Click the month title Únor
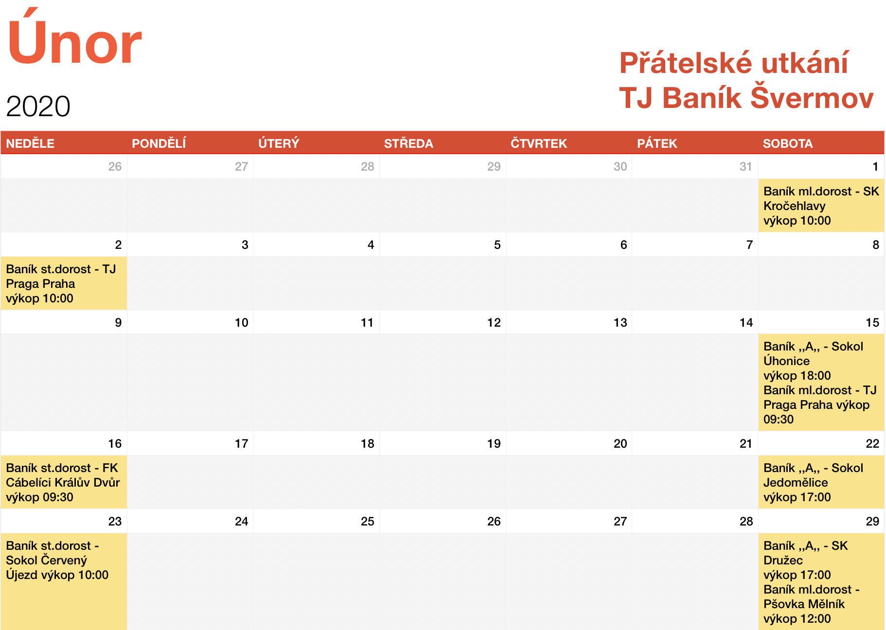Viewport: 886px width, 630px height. [x=74, y=37]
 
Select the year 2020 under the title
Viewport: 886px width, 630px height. [x=38, y=106]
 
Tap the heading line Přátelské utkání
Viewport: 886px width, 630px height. [x=734, y=63]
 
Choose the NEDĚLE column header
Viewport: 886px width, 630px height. [x=30, y=143]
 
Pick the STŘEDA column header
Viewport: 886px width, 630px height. [x=408, y=143]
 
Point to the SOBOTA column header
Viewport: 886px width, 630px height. [x=788, y=143]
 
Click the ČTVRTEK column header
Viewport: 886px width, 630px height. [x=539, y=143]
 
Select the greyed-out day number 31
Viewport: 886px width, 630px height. [x=746, y=167]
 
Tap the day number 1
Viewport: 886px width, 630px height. [x=875, y=167]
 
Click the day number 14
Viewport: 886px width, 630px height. [x=746, y=322]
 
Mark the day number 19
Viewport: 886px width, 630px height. [x=494, y=443]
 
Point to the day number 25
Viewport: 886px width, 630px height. [x=368, y=521]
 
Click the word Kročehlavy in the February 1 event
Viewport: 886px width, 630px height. [x=795, y=206]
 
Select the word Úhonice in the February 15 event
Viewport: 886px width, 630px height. [x=786, y=361]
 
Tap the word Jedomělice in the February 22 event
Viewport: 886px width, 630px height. [x=796, y=482]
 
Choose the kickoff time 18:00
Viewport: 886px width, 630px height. [x=815, y=376]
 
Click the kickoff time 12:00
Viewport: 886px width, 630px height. [x=815, y=619]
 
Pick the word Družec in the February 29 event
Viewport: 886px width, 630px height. [x=783, y=560]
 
